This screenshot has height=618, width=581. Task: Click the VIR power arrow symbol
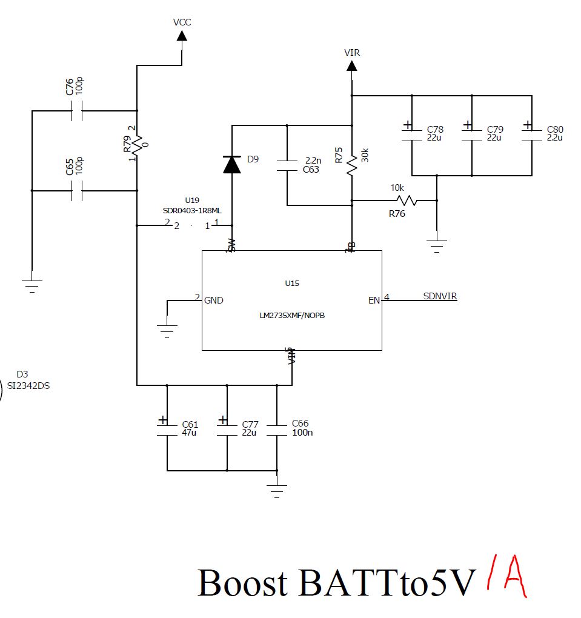coord(351,65)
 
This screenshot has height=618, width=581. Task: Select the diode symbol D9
coord(231,164)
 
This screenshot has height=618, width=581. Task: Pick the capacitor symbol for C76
coord(77,111)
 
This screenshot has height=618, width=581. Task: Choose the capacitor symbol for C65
coord(77,191)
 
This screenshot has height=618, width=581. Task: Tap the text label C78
coord(435,130)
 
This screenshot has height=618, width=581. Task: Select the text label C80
coord(555,130)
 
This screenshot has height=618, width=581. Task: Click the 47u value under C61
coord(190,433)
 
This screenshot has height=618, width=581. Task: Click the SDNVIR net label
coord(440,296)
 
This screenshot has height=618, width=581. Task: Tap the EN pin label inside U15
coord(374,300)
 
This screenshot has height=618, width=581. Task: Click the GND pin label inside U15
coord(214,300)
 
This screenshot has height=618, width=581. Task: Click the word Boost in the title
coord(242,583)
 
